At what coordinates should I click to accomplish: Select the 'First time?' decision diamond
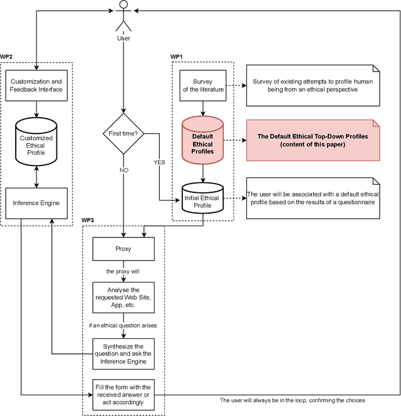[123, 134]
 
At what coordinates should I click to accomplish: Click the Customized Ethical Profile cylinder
[36, 141]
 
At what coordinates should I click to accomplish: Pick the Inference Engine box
[36, 202]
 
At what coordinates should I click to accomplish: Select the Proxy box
[123, 249]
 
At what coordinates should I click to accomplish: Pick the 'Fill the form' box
[123, 394]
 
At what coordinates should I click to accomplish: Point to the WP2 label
[7, 57]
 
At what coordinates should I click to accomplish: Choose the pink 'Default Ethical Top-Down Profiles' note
[313, 140]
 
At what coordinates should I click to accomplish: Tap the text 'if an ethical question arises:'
[123, 326]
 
